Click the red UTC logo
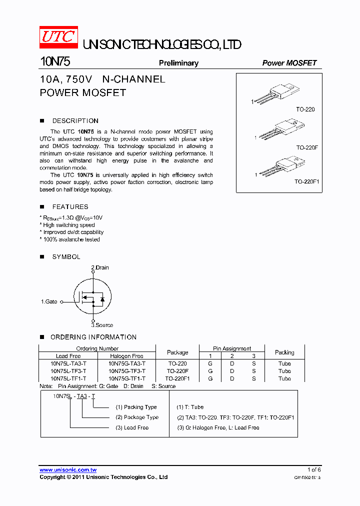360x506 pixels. [58, 38]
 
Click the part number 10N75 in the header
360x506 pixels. [55, 62]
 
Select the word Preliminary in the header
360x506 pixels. [178, 63]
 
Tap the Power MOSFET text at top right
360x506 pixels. [289, 63]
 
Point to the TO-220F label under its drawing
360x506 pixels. [306, 147]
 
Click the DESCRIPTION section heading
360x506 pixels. [75, 121]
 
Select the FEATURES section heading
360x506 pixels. [70, 207]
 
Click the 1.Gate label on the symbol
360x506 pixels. [49, 302]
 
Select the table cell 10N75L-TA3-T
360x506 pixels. [68, 364]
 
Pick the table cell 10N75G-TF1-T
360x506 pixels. [127, 378]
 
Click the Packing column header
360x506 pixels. [284, 352]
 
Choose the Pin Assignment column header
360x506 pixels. [232, 348]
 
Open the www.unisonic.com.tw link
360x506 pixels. [68, 470]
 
